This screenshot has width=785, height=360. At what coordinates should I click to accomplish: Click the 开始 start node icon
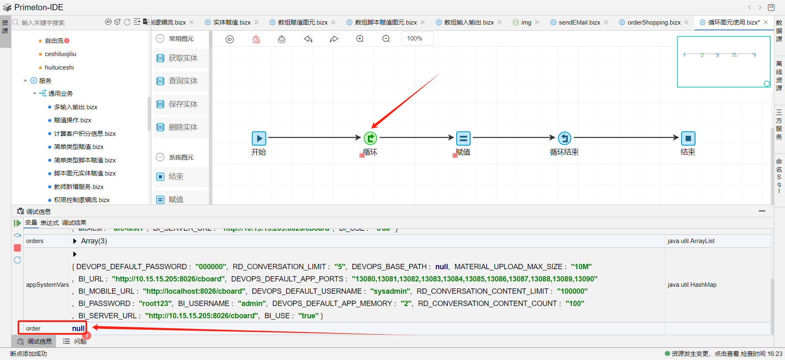(259, 139)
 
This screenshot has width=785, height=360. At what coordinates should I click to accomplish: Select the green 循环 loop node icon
(370, 138)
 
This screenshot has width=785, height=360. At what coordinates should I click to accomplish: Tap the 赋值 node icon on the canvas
(463, 139)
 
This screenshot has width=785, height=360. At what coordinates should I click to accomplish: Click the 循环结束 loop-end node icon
(564, 138)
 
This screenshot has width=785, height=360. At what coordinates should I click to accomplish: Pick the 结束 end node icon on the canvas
(688, 139)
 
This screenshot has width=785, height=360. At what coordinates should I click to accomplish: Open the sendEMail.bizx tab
(579, 22)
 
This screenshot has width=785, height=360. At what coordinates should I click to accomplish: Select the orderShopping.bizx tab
(654, 22)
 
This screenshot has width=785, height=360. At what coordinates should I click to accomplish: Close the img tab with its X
(537, 22)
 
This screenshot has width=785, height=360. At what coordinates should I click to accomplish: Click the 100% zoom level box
(415, 38)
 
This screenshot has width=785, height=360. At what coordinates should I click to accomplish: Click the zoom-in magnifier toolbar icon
(360, 39)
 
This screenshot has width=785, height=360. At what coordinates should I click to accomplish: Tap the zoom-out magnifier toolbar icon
(386, 39)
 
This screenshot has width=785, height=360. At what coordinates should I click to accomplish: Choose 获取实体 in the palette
(183, 58)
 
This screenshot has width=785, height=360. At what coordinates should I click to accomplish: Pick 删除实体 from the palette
(183, 127)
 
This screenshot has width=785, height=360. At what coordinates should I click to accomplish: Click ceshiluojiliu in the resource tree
(61, 54)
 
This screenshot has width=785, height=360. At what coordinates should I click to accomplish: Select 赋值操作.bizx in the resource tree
(72, 120)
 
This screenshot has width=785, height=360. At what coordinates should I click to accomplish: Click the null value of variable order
(78, 328)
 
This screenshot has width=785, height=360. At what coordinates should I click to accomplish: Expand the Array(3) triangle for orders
(75, 241)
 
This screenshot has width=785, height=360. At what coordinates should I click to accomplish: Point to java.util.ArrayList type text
(691, 241)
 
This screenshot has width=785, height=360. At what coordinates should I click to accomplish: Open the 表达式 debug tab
(49, 223)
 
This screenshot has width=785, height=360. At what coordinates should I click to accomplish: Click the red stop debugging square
(18, 248)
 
